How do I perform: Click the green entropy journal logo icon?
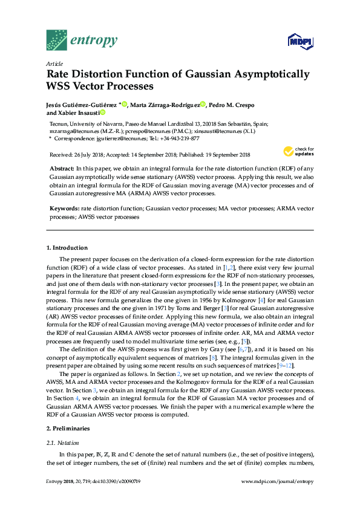click(x=57, y=40)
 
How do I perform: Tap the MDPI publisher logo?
click(x=299, y=41)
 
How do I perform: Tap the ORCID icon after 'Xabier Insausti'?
click(x=103, y=113)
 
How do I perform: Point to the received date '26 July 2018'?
click(x=86, y=155)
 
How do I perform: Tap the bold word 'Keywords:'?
click(x=64, y=208)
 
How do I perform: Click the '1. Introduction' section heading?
click(x=67, y=248)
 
